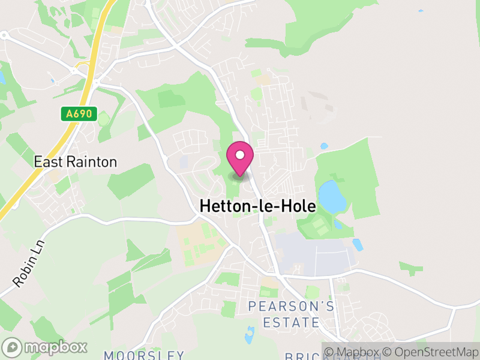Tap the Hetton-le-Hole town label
coord(257,206)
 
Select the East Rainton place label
coord(75,162)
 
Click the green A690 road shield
coord(78,114)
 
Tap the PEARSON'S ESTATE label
coord(292,314)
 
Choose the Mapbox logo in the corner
coord(45,347)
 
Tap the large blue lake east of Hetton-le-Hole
coord(332,196)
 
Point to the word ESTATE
coord(292,322)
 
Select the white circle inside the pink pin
coord(240,155)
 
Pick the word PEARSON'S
coord(292,307)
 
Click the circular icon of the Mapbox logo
coord(11,347)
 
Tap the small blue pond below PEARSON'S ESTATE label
coord(250,335)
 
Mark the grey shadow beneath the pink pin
coord(240,176)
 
